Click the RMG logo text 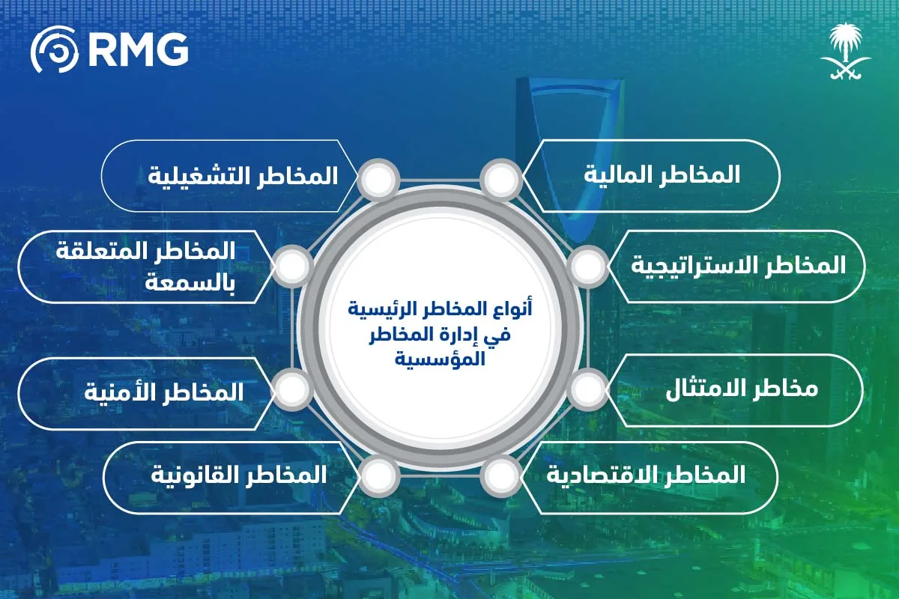pyautogui.click(x=137, y=49)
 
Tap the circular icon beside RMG pyautogui.click(x=55, y=49)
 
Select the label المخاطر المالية pyautogui.click(x=662, y=175)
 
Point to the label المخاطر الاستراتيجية pyautogui.click(x=738, y=265)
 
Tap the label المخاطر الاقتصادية pyautogui.click(x=646, y=475)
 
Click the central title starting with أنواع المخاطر pyautogui.click(x=439, y=309)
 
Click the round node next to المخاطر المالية pyautogui.click(x=500, y=180)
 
